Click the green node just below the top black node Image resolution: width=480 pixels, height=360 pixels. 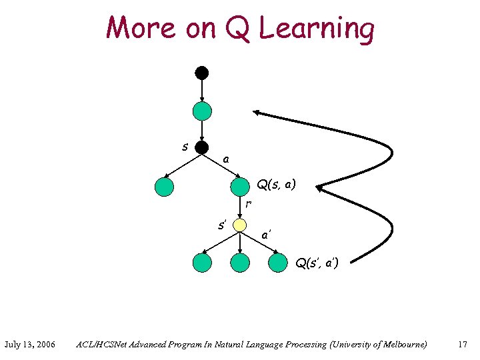pyautogui.click(x=202, y=111)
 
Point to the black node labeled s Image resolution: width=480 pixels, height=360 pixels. pyautogui.click(x=202, y=147)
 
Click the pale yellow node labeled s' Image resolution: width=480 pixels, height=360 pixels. pyautogui.click(x=239, y=225)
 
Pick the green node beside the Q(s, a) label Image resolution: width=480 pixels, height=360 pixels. pyautogui.click(x=239, y=187)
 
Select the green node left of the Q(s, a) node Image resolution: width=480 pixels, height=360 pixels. pyautogui.click(x=164, y=187)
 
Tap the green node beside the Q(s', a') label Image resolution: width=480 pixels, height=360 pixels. pyautogui.click(x=277, y=263)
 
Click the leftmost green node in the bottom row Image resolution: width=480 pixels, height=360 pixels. pyautogui.click(x=202, y=263)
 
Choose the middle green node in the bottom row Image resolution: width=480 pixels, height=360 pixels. pyautogui.click(x=239, y=263)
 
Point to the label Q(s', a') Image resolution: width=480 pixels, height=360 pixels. pyautogui.click(x=317, y=263)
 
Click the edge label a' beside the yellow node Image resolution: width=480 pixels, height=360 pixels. pyautogui.click(x=266, y=235)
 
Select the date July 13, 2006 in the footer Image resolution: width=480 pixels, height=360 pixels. pyautogui.click(x=29, y=345)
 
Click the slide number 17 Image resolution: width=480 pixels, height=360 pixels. pyautogui.click(x=462, y=345)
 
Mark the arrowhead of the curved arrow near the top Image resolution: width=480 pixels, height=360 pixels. pyautogui.click(x=257, y=114)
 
